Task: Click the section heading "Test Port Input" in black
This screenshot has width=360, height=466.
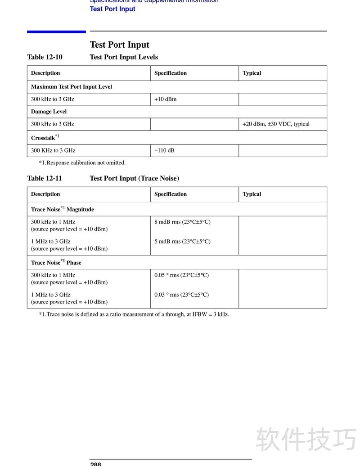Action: (x=119, y=45)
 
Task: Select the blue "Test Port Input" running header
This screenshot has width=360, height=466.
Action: (x=112, y=9)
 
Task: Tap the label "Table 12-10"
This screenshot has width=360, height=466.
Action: (x=45, y=57)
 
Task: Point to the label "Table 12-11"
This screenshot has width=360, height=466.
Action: (x=45, y=178)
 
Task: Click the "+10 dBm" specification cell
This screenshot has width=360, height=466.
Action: (x=165, y=99)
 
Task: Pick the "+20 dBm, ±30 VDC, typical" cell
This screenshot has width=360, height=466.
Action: (x=276, y=124)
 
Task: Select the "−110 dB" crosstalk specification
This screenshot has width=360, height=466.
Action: (x=164, y=150)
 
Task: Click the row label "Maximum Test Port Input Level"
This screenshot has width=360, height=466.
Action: (x=71, y=86)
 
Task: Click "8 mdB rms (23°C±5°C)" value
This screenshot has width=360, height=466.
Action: (x=182, y=222)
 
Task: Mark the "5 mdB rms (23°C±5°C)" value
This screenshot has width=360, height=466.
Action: (x=182, y=241)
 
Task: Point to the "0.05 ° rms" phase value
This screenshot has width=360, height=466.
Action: (x=181, y=275)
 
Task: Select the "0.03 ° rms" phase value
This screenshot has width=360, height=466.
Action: (x=181, y=295)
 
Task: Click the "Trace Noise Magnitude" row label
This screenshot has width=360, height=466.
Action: (x=62, y=209)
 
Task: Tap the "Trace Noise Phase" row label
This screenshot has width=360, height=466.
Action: (x=56, y=262)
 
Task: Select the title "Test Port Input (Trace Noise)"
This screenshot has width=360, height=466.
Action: (x=134, y=178)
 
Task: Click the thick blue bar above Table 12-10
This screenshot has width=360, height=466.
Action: (x=56, y=32)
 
